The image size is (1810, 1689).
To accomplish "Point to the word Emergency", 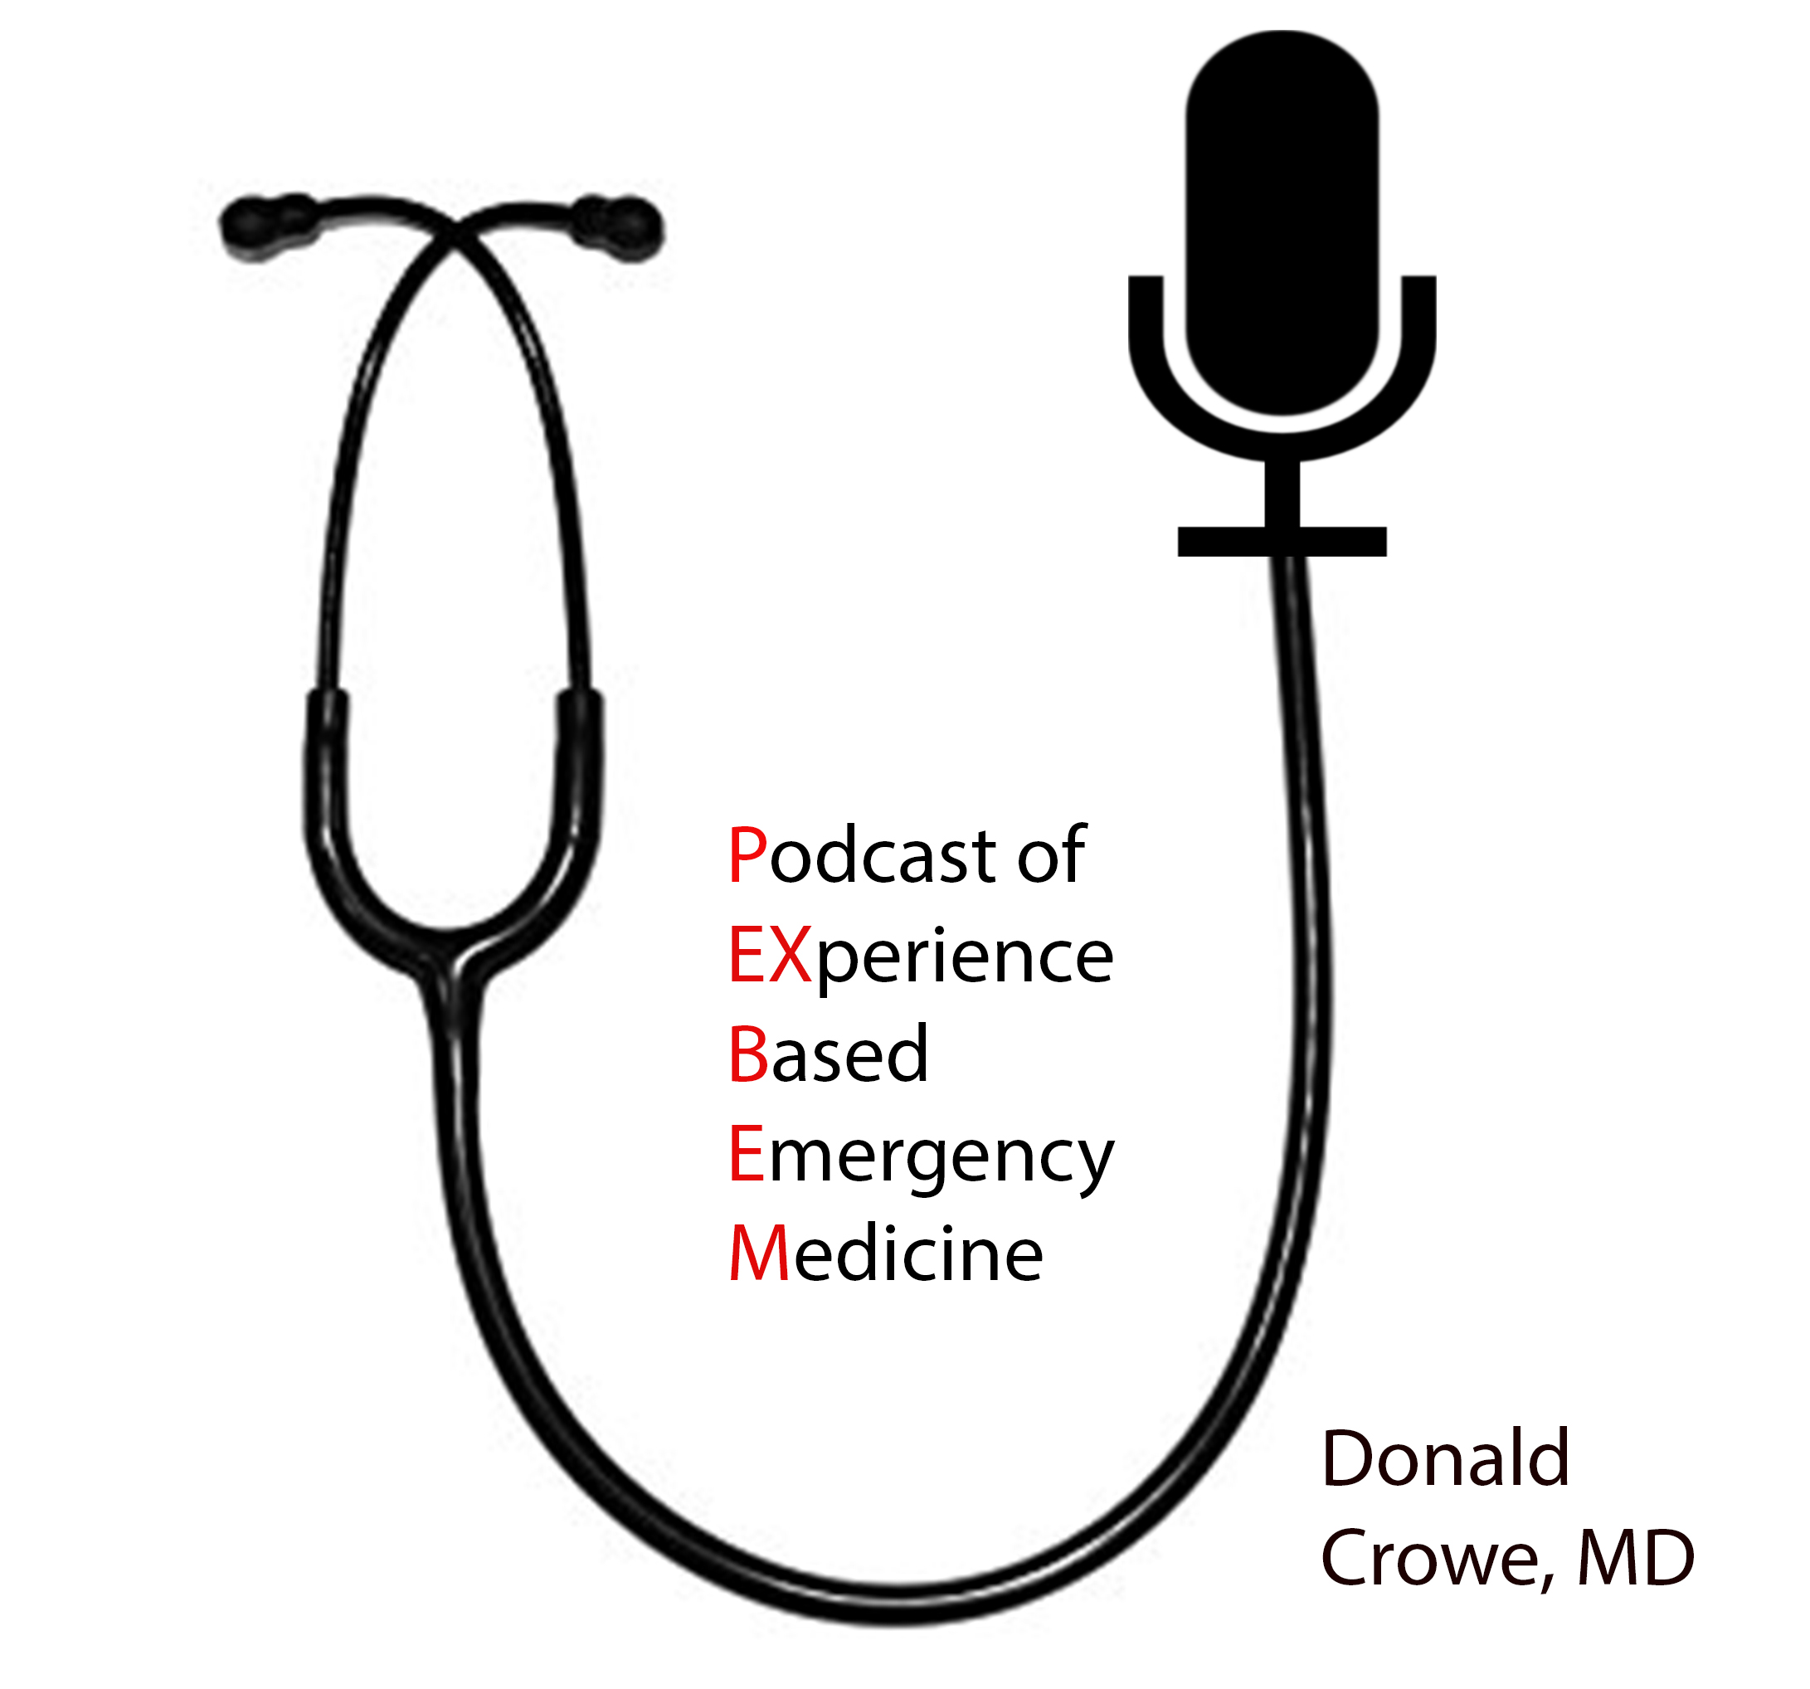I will [x=920, y=1156].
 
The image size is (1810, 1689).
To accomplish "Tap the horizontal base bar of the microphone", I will [x=1281, y=541].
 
